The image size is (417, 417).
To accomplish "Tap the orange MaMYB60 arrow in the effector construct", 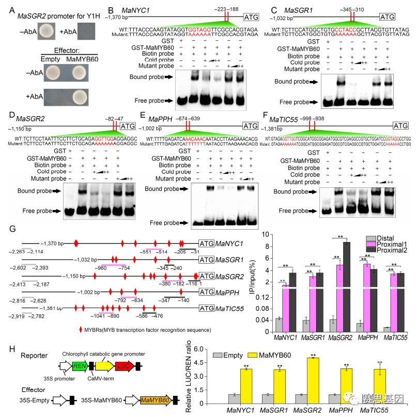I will pyautogui.click(x=155, y=400).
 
